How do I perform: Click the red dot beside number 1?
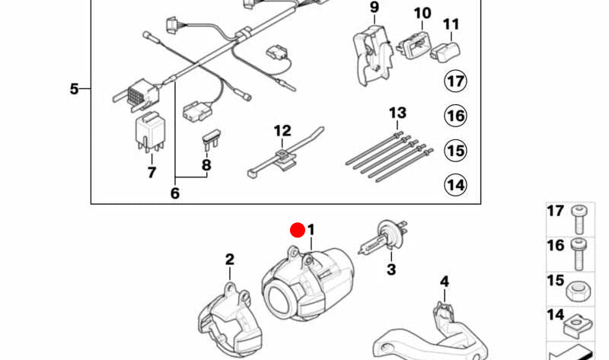[x=297, y=230]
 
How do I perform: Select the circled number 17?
[x=455, y=81]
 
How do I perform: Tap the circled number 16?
[x=455, y=116]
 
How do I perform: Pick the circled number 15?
[x=455, y=150]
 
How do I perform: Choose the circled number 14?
[x=455, y=184]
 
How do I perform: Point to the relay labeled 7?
[x=149, y=131]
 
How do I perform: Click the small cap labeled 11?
[x=448, y=52]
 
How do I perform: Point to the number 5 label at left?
[x=74, y=89]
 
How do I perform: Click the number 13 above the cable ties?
[x=397, y=113]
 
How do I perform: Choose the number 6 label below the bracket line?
[x=174, y=193]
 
